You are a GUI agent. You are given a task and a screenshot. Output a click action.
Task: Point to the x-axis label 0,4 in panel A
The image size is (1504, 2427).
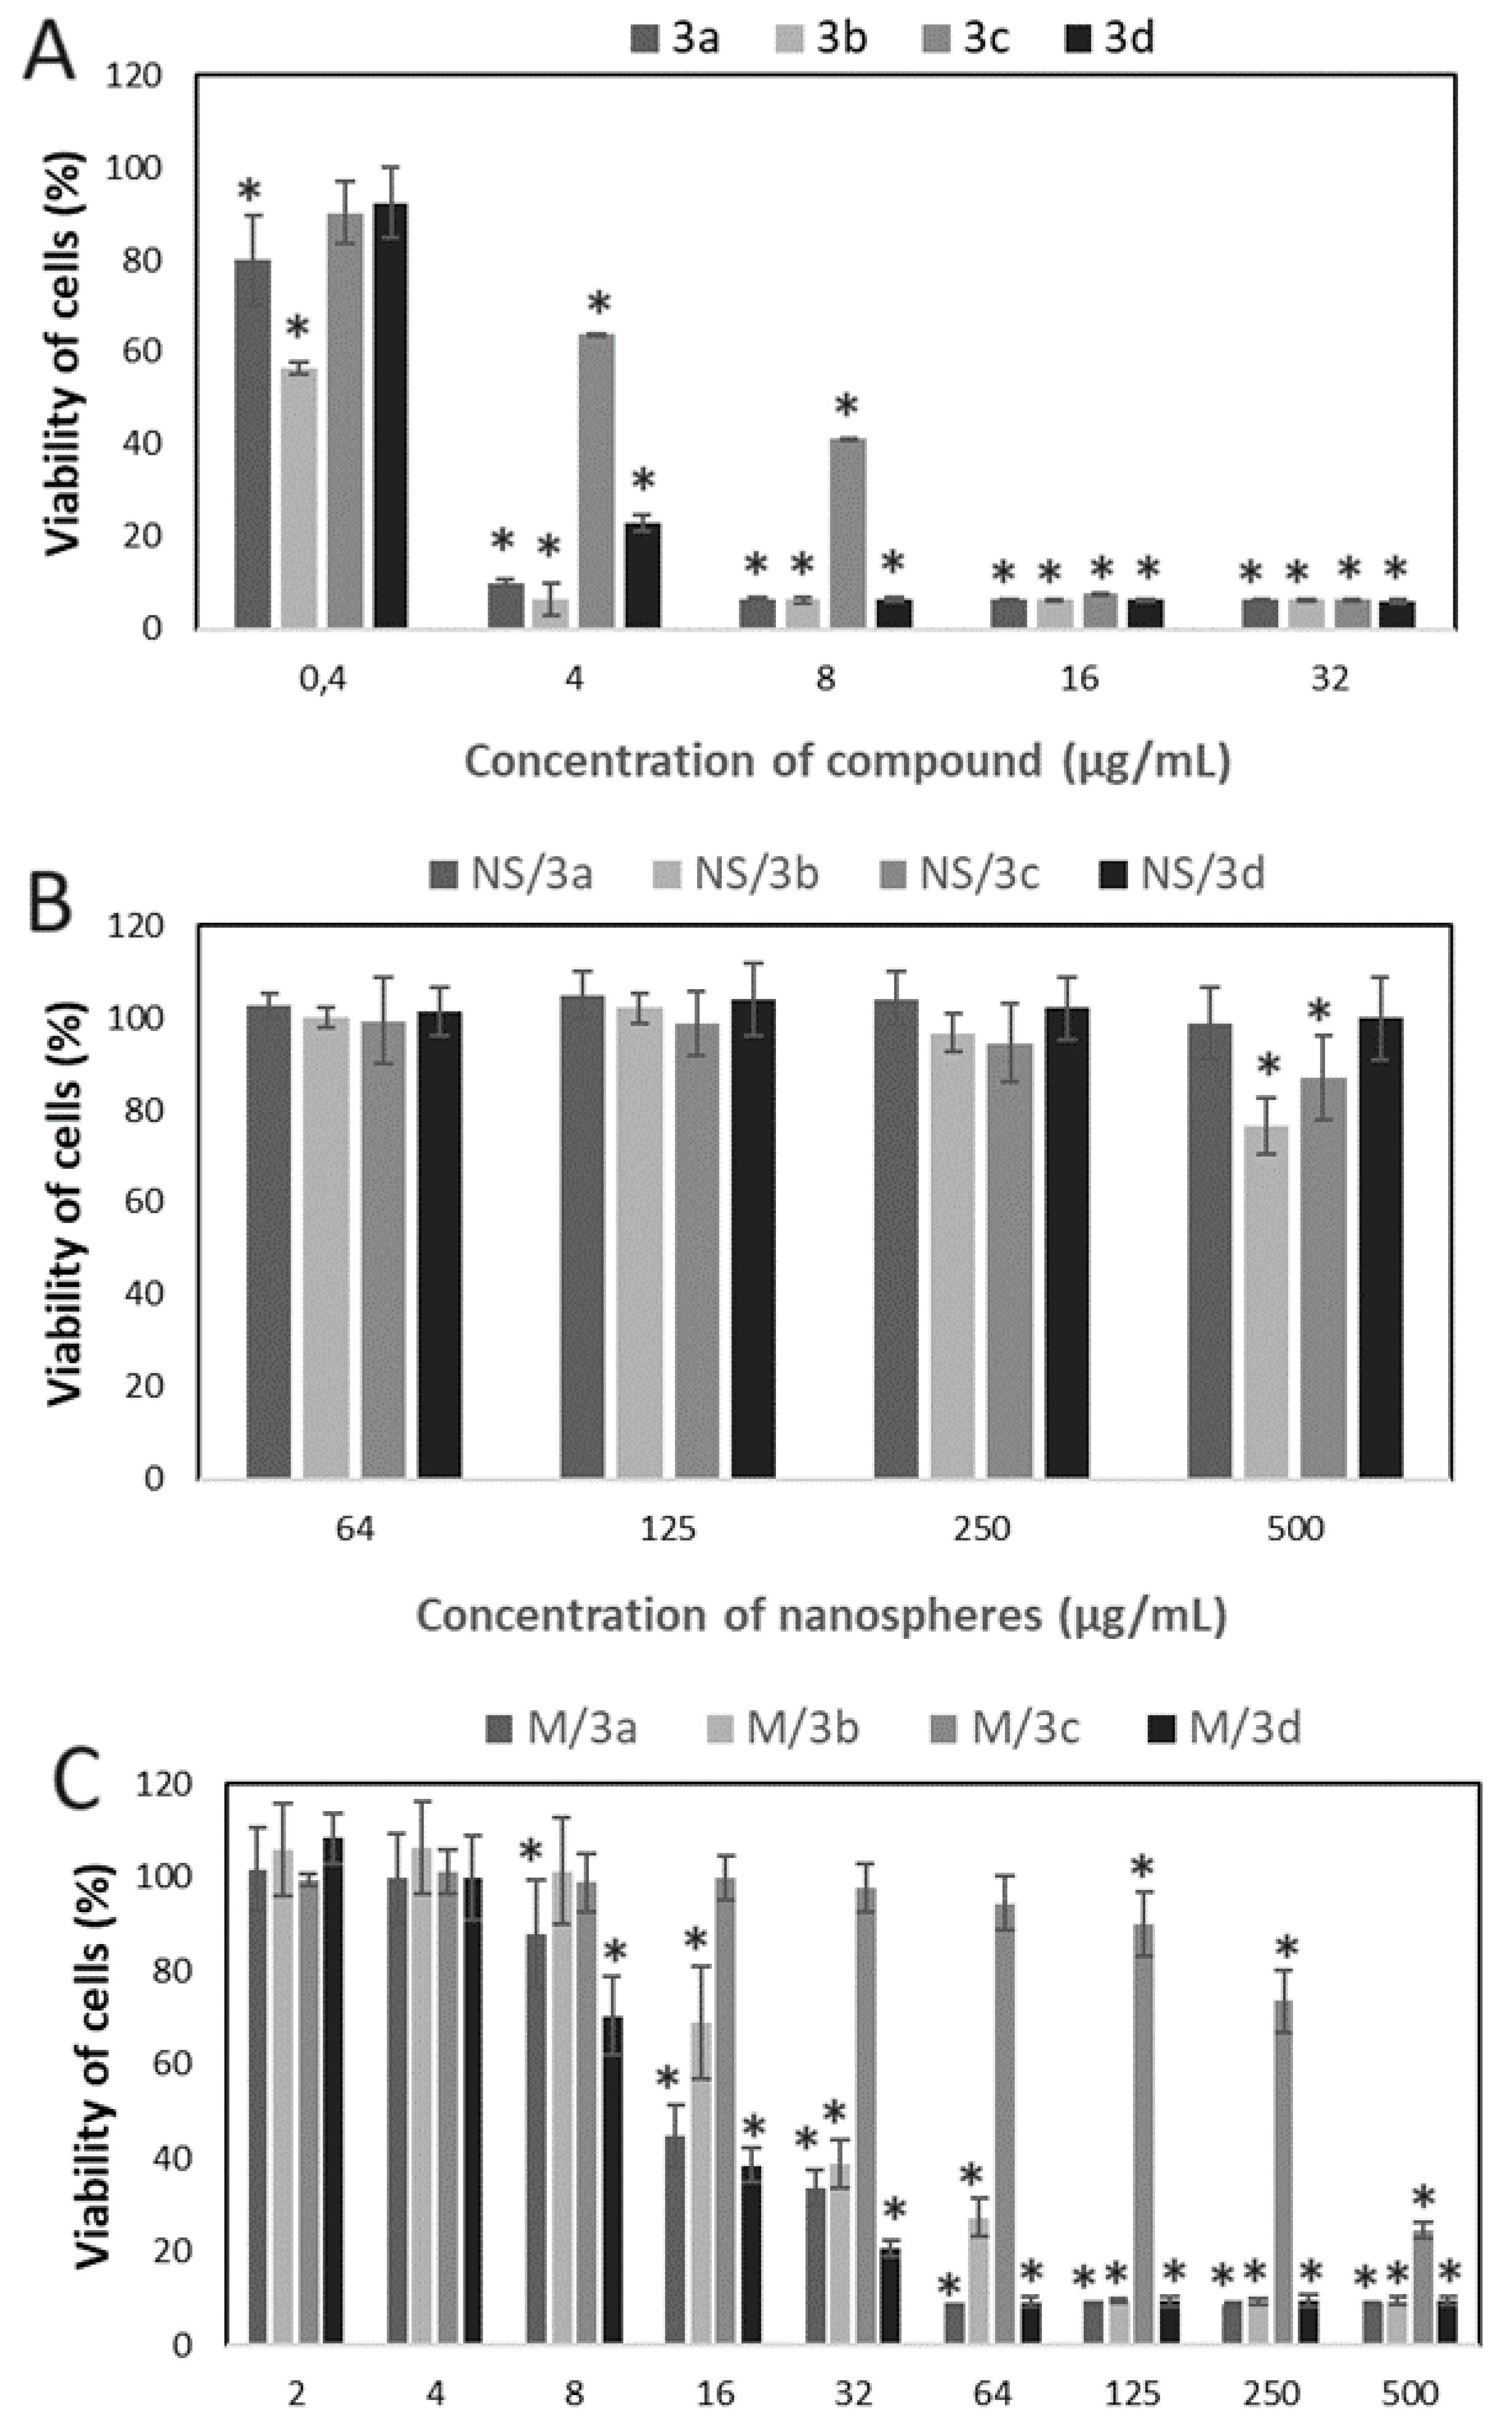click(322, 680)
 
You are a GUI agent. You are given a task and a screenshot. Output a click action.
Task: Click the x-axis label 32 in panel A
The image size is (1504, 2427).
click(1330, 680)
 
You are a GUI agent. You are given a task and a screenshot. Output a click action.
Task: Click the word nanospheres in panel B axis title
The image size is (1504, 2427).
click(908, 1616)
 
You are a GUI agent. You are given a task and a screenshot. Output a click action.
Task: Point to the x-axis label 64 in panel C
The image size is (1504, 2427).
click(992, 2395)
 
